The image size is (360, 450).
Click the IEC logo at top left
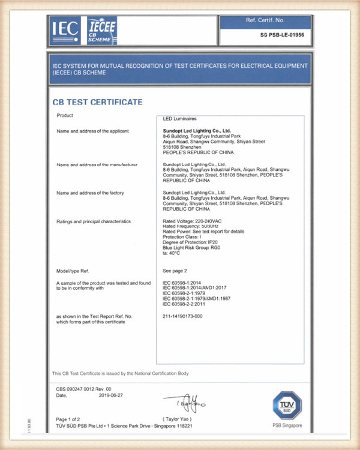pos(64,29)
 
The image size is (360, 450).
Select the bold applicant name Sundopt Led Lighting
pos(197,130)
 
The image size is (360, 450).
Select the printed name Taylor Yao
pos(178,418)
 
